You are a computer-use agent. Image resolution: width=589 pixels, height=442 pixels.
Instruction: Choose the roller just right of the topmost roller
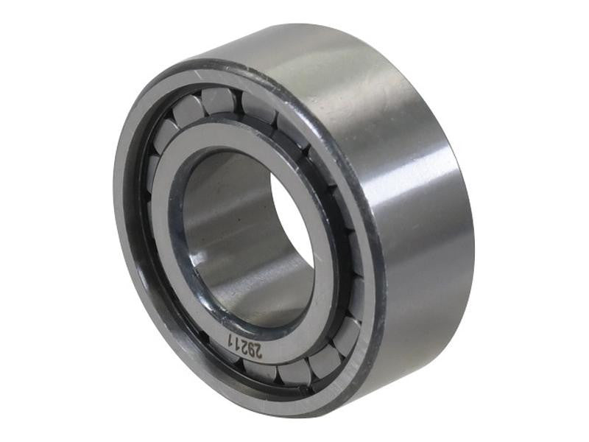258,108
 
